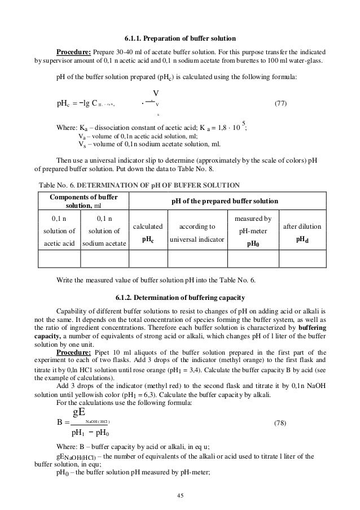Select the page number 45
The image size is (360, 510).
(x=179, y=496)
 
